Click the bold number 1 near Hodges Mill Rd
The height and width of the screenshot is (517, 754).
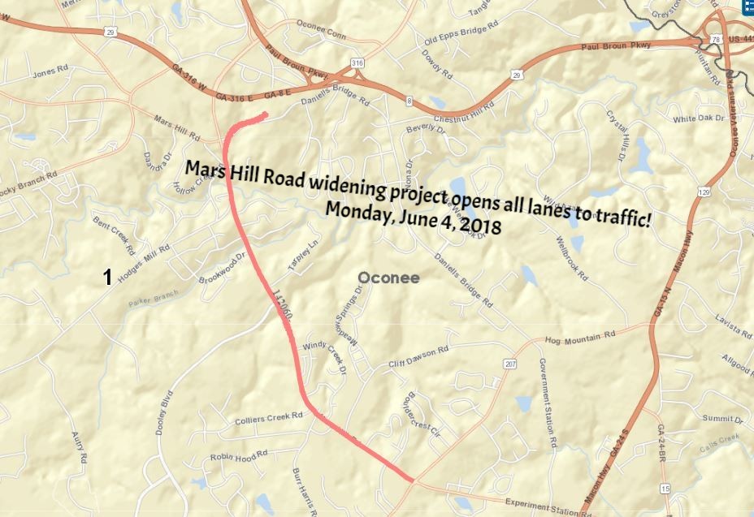coord(107,278)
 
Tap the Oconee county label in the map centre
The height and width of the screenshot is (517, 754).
coord(389,278)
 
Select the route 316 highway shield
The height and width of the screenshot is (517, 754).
coord(358,62)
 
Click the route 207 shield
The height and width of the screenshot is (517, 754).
coord(510,364)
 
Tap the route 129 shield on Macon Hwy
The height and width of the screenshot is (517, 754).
coord(704,192)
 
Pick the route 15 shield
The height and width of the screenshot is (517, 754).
coord(665,489)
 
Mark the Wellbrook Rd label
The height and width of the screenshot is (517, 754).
coord(571,259)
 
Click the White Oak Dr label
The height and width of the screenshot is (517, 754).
coord(698,119)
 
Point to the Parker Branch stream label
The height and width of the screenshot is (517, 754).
coord(153,299)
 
